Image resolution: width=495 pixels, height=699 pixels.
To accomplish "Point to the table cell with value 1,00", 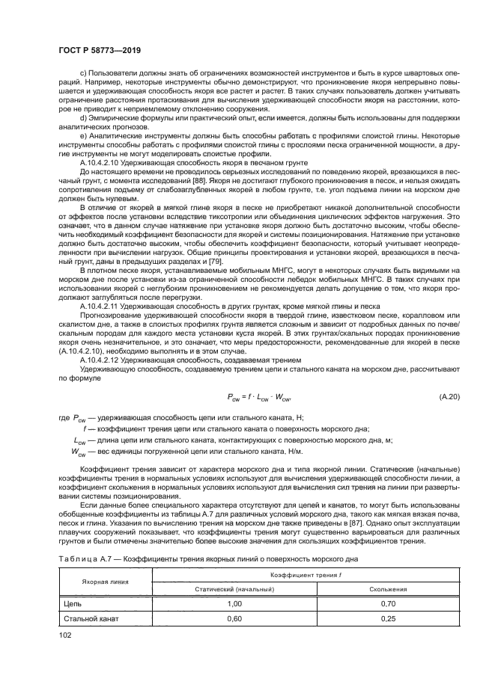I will point(235,603).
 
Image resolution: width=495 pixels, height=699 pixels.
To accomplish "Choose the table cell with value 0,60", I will point(235,618).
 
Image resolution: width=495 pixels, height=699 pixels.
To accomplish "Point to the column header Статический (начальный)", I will point(235,588).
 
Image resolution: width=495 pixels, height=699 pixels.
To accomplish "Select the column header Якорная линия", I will point(104,580).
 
